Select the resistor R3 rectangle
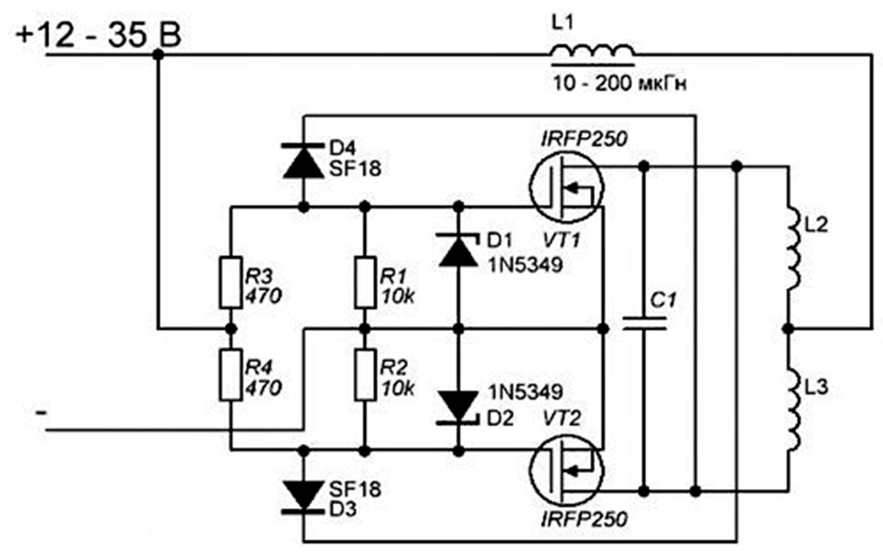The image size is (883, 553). (230, 283)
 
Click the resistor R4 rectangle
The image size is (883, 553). (230, 375)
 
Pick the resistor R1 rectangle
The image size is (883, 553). (365, 283)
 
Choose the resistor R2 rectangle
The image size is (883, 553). (365, 375)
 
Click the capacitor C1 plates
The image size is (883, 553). (644, 324)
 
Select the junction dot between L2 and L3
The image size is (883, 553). (788, 329)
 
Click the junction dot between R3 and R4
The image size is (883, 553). (230, 329)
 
